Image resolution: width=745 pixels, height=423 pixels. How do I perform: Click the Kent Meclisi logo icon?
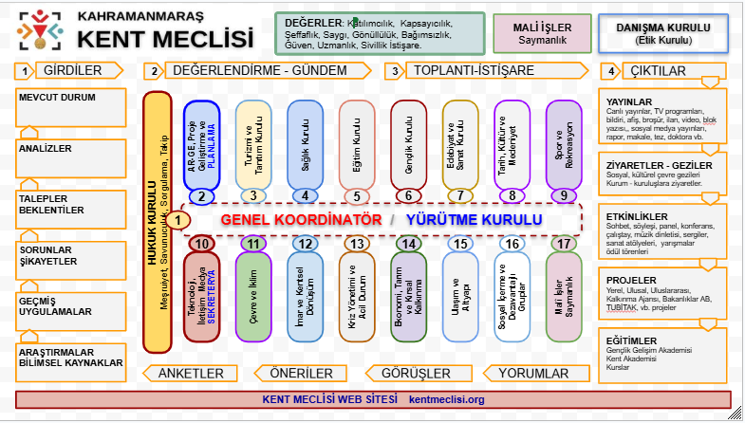pos(39,31)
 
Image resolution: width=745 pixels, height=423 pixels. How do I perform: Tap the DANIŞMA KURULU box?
pos(663,32)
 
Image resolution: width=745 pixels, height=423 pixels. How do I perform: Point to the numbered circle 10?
pos(200,244)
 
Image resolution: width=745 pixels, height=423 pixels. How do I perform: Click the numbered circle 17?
pos(564,244)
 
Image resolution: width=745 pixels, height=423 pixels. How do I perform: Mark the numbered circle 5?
pos(357,196)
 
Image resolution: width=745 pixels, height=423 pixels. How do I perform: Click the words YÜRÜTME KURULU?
pos(475,219)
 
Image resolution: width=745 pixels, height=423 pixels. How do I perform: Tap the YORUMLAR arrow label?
pos(532,373)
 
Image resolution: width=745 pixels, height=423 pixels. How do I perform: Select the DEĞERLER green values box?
pos(379,33)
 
